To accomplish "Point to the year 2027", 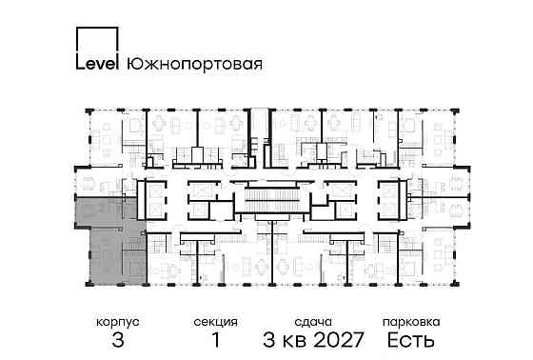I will (347, 340).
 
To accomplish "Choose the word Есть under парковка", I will (411, 340).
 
